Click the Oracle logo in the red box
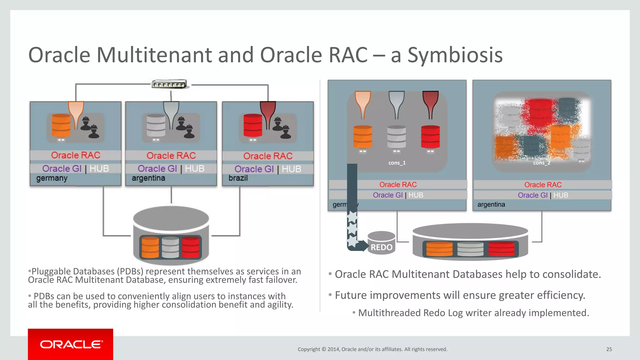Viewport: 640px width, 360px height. point(71,344)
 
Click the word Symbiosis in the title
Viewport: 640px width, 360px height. point(455,55)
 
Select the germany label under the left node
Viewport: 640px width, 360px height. point(52,178)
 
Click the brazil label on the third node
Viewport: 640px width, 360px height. point(238,178)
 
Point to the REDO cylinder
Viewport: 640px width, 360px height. point(381,243)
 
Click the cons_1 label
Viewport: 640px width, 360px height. point(397,163)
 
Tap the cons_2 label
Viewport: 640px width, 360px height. point(542,163)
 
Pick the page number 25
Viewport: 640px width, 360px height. point(609,349)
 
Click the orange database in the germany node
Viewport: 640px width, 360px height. point(61,126)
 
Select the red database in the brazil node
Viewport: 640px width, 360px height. point(253,126)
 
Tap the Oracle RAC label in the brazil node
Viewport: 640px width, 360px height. point(268,156)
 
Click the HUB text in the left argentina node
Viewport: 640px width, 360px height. point(194,169)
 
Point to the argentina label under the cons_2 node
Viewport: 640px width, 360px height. point(491,205)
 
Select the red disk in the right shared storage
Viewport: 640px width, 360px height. point(501,249)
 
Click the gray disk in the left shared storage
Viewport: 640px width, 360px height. point(170,247)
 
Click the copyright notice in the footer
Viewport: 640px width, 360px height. point(372,349)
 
